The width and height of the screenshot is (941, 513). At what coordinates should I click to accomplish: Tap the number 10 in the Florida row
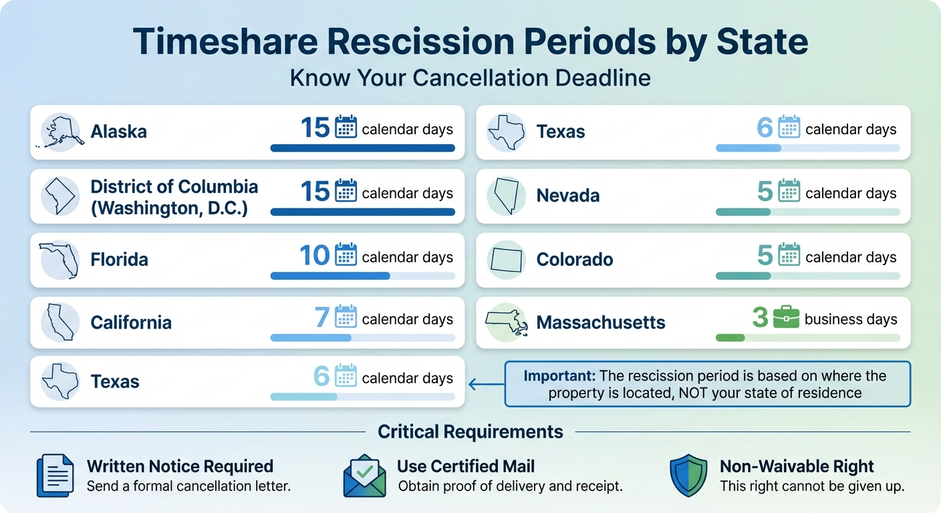(x=315, y=256)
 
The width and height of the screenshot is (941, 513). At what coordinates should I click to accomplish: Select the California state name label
(x=131, y=323)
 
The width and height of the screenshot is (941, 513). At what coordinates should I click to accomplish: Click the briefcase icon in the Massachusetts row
(x=786, y=318)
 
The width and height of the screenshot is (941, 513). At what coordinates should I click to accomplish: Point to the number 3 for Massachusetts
(x=760, y=318)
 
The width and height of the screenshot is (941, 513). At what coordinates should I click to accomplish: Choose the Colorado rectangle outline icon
(x=507, y=259)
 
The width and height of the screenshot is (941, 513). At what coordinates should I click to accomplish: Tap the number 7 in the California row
(x=322, y=318)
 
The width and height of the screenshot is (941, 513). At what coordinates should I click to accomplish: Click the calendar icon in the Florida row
(x=346, y=255)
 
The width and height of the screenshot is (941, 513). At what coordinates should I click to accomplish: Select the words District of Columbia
(x=174, y=186)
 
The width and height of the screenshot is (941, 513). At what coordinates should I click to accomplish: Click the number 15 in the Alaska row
(x=315, y=128)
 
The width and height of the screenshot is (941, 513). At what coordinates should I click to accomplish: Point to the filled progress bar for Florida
(x=330, y=276)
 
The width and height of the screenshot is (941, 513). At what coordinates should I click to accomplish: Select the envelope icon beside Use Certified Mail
(x=364, y=476)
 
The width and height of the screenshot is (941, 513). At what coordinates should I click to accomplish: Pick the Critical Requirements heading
(x=470, y=432)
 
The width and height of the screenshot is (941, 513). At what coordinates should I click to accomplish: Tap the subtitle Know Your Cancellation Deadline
(x=470, y=78)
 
